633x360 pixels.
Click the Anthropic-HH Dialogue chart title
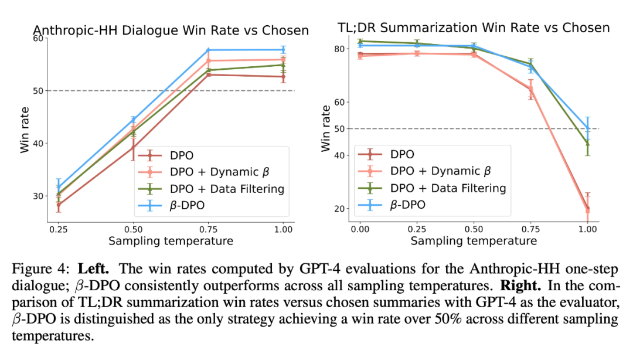click(171, 30)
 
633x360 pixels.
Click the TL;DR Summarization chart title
click(474, 28)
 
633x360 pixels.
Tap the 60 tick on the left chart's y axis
click(39, 39)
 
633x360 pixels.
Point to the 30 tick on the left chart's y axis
click(39, 196)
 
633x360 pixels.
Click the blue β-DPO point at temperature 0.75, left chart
click(207, 50)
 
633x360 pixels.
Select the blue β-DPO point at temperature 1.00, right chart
click(587, 128)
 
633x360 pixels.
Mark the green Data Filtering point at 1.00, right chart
click(587, 144)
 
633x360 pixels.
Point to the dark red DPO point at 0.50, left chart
click(133, 147)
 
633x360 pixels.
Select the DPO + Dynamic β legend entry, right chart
click(439, 171)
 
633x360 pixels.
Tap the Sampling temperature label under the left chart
click(170, 241)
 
